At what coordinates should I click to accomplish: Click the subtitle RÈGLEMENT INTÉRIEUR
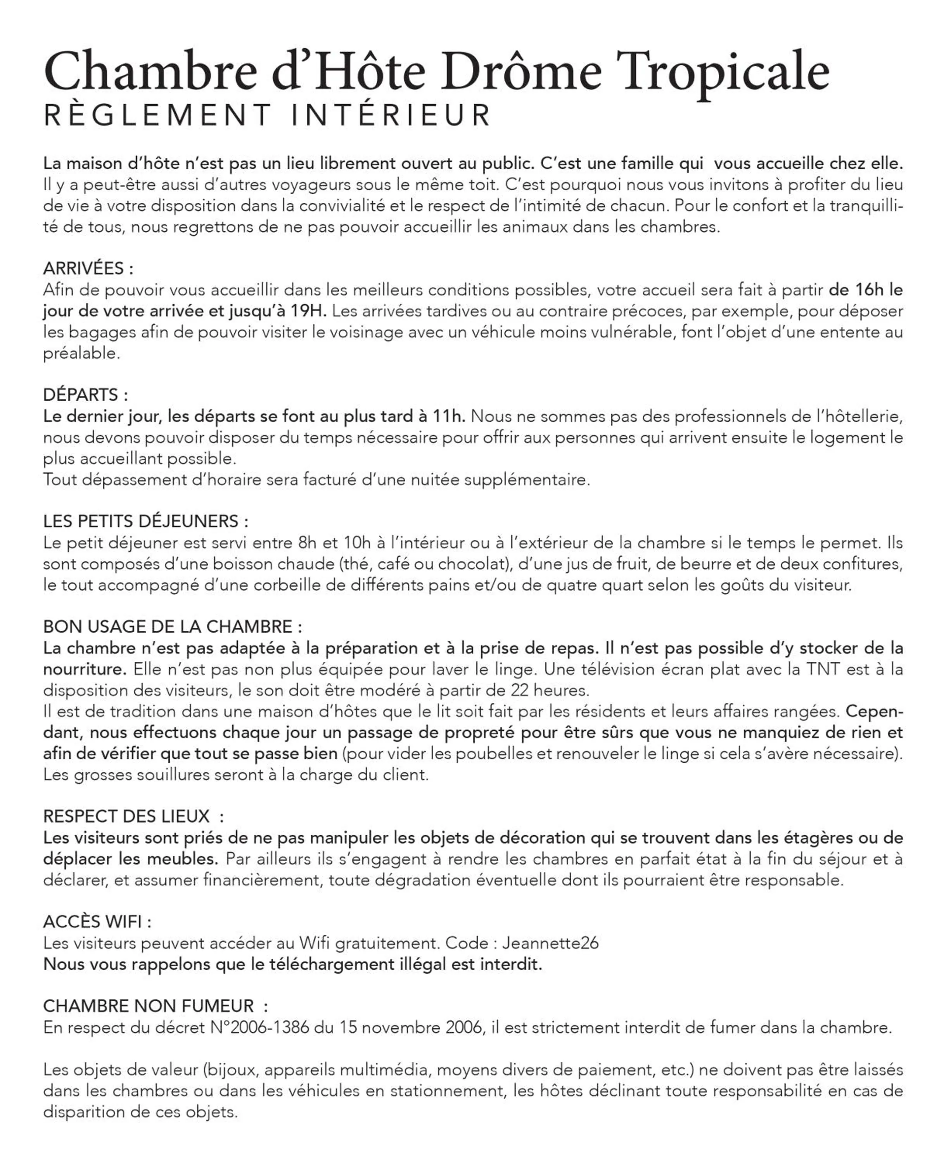(267, 115)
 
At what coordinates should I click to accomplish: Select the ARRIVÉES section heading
(88, 268)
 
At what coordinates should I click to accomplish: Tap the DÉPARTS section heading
(85, 395)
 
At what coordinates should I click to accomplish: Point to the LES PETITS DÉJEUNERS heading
(145, 521)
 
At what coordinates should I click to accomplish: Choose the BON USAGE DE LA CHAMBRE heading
(172, 626)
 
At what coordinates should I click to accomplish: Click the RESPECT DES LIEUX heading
(133, 816)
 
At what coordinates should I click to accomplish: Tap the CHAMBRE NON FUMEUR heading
(155, 1006)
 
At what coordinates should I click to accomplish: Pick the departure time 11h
(449, 416)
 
